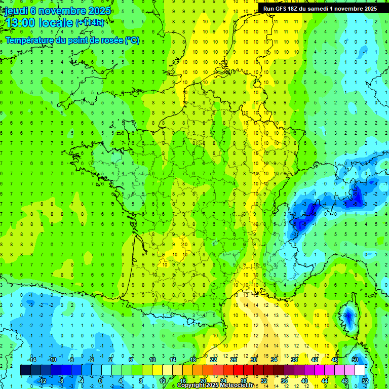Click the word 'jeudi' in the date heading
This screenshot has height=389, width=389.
(15, 11)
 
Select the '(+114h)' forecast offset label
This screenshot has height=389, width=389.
(90, 23)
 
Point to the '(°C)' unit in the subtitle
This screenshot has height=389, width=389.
(132, 40)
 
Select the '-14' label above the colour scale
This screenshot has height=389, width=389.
(31, 360)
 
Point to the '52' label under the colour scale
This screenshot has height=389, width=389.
(365, 381)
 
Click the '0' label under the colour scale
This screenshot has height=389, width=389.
(101, 381)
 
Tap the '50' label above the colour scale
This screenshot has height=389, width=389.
(355, 360)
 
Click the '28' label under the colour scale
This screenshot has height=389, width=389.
(244, 381)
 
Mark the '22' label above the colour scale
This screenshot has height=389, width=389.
(213, 360)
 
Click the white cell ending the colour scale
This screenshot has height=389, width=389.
(360, 370)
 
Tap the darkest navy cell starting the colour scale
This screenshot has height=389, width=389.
(25, 370)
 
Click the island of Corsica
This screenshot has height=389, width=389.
(348, 317)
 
